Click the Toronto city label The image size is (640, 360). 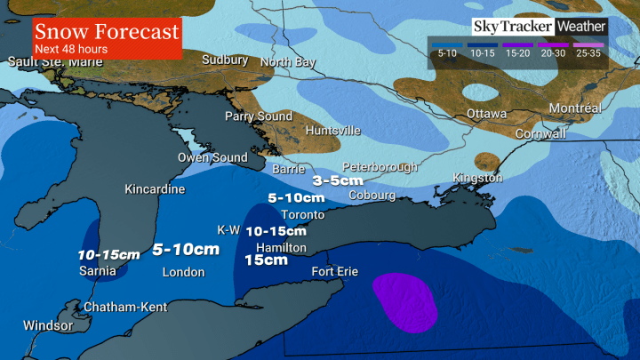coord(301,215)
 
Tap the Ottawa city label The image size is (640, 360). coord(487,115)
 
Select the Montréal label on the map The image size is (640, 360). coord(574,108)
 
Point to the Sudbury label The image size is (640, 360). coord(225,60)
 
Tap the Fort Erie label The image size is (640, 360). coord(334,271)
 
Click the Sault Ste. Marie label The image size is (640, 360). coord(52,61)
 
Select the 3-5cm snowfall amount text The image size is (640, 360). coord(339,180)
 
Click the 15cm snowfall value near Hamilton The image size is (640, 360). coord(266,260)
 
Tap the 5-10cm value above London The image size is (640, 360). coord(185,250)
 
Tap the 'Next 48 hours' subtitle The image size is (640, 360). coord(71,49)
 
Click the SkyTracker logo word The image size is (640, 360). coord(510,27)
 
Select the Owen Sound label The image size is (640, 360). coord(212,157)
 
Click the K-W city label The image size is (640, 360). coord(228,229)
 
